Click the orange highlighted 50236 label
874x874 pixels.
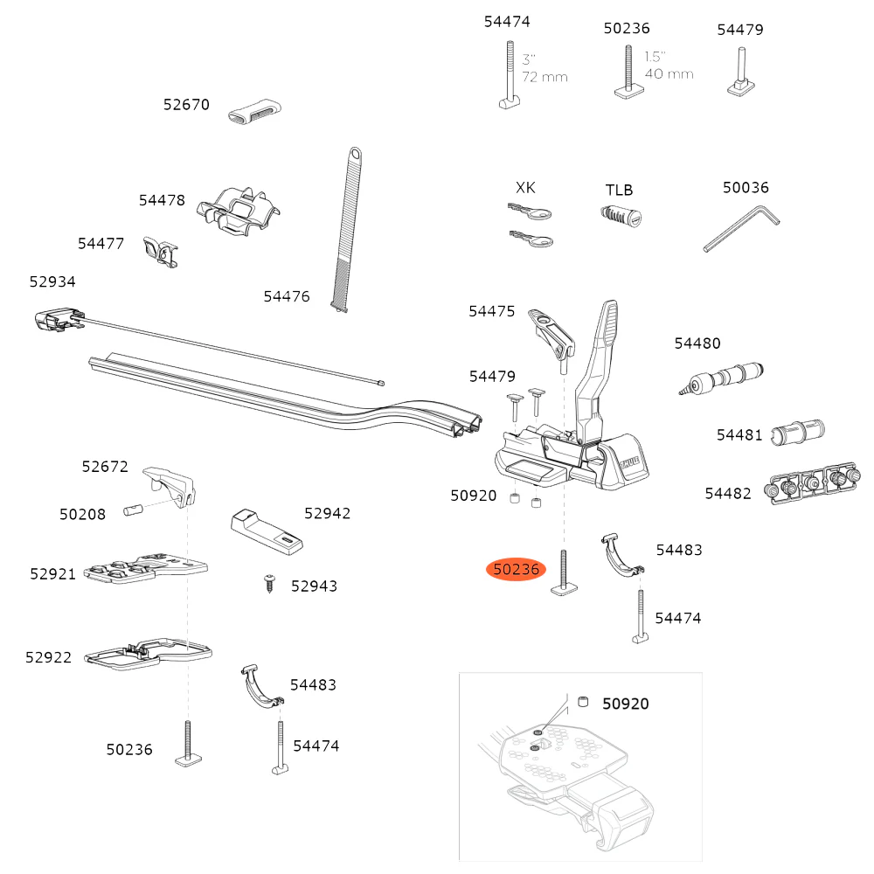(x=517, y=570)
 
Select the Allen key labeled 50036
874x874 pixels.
(x=741, y=228)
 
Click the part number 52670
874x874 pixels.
(x=186, y=105)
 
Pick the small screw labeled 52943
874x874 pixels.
(x=268, y=581)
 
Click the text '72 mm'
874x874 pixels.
(x=545, y=77)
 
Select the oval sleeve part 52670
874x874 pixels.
(x=255, y=113)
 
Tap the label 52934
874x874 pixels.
(x=52, y=281)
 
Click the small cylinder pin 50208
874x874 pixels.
(x=133, y=509)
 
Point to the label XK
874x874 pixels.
(x=525, y=188)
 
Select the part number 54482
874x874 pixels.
(x=728, y=494)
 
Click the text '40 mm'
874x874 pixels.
(x=669, y=74)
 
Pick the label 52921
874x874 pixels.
(x=53, y=573)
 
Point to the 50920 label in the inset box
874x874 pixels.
(x=625, y=704)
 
